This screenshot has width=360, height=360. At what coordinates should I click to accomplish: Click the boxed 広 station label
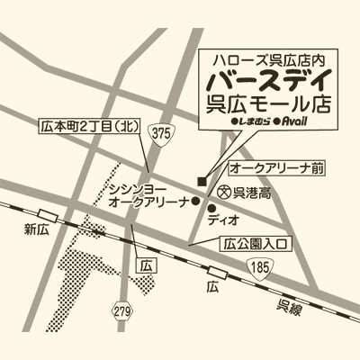coord(142,266)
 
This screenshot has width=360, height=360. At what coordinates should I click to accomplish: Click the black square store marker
coord(202,178)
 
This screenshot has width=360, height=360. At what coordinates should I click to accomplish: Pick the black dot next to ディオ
coord(210,208)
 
